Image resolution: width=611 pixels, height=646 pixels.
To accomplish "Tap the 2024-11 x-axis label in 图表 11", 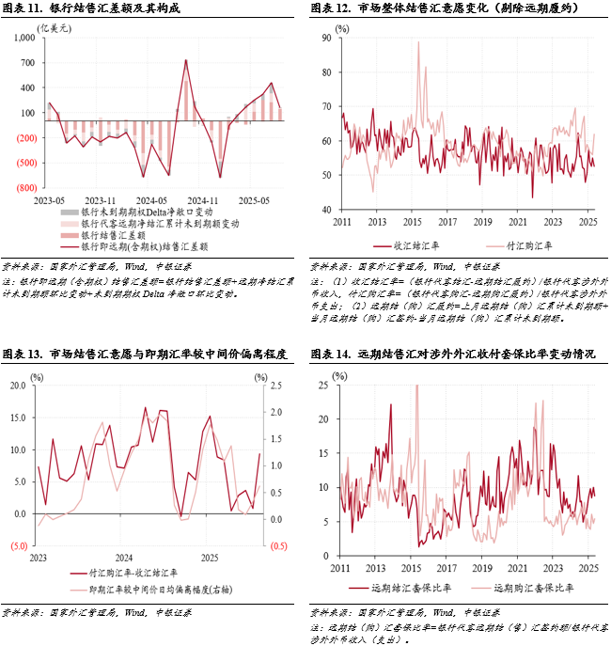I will point(202,200).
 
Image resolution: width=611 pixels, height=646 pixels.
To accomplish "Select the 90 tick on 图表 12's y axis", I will point(327,38).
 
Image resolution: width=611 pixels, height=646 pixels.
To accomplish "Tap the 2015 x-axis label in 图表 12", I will point(412,222).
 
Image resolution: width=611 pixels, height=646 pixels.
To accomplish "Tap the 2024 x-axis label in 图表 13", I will point(124,559).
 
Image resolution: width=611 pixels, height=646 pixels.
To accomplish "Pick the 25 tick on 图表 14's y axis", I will point(324,386).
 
